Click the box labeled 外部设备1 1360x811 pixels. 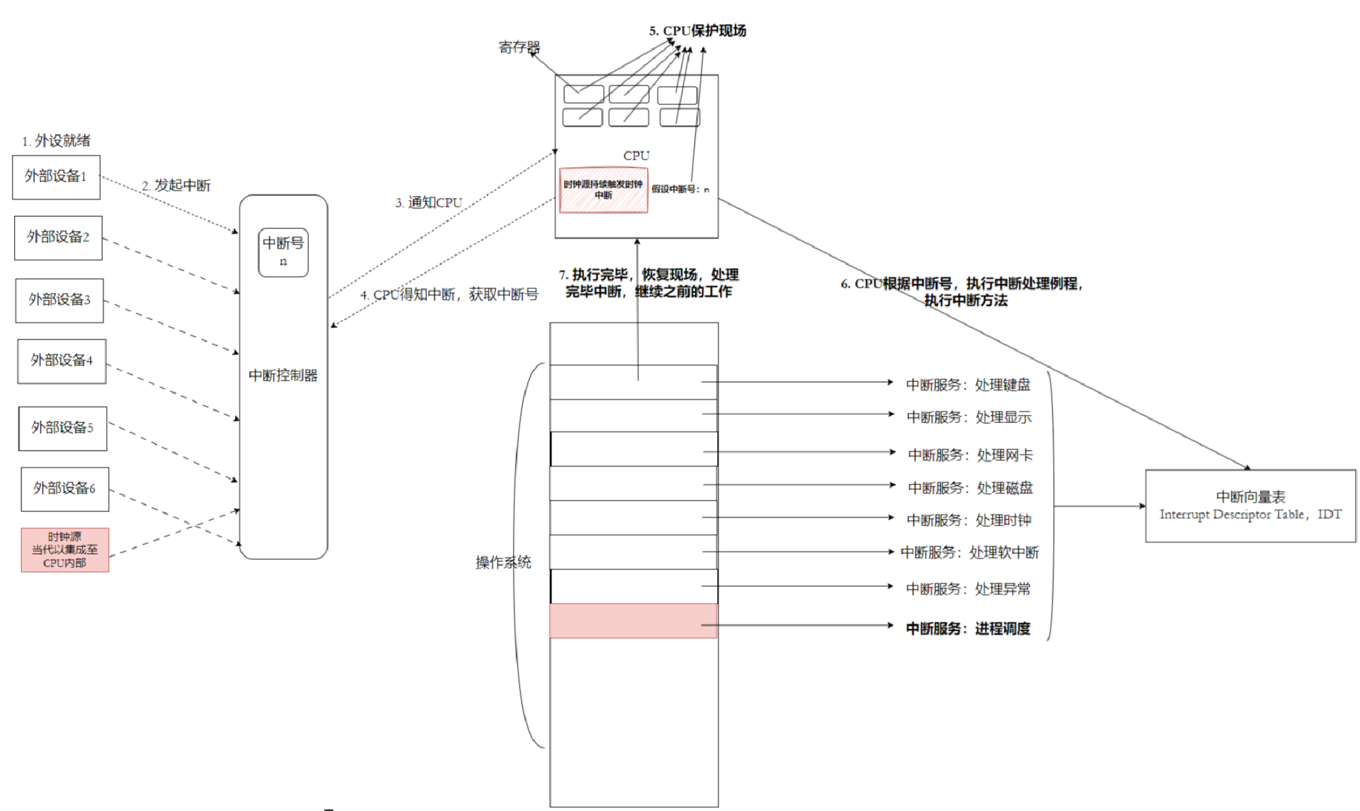click(x=56, y=177)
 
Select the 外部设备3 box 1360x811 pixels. click(x=60, y=300)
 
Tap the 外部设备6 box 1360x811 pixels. click(x=64, y=489)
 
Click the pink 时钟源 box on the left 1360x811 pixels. click(x=65, y=549)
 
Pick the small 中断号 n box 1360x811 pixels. click(x=283, y=252)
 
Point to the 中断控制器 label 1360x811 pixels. click(x=283, y=375)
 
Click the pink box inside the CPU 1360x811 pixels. click(x=603, y=190)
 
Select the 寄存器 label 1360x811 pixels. click(x=518, y=47)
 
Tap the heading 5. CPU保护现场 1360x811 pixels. click(x=697, y=30)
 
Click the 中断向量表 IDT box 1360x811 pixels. click(x=1250, y=505)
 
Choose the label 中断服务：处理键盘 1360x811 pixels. click(x=968, y=384)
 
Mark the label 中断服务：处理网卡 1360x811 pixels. click(x=970, y=455)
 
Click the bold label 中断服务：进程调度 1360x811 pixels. click(x=968, y=628)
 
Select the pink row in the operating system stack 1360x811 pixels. click(x=632, y=621)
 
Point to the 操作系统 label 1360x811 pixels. click(x=503, y=562)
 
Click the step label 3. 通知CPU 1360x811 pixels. click(x=428, y=203)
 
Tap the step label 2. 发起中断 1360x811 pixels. click(x=176, y=185)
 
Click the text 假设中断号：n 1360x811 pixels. click(x=680, y=189)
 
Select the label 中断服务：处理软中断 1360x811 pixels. click(x=969, y=552)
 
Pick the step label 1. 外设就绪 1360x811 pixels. click(x=56, y=141)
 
